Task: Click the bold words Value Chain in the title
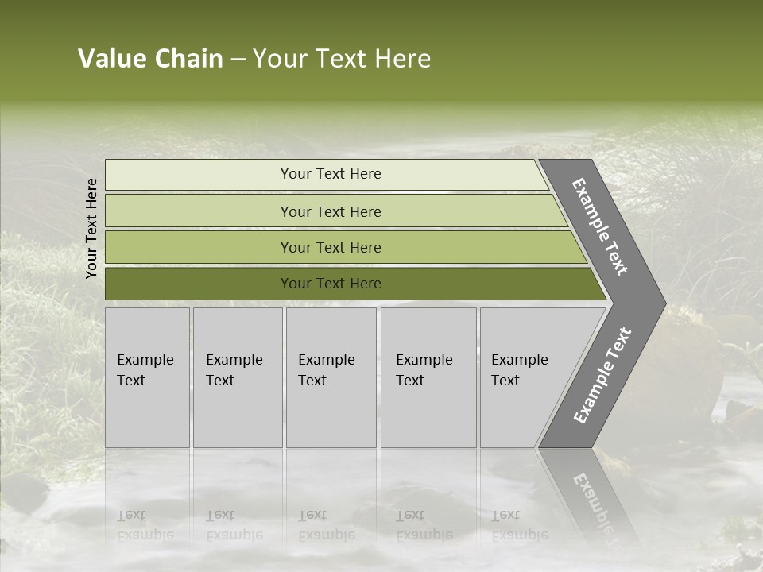(150, 59)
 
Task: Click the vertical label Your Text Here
(91, 228)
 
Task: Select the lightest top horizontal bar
(199, 175)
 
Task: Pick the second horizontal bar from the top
(199, 211)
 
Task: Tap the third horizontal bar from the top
(199, 247)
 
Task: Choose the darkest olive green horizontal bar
(199, 284)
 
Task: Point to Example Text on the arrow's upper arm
(600, 226)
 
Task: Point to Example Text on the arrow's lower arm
(602, 376)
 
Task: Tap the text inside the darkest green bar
(331, 284)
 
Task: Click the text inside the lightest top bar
(331, 174)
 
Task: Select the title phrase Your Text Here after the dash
(342, 59)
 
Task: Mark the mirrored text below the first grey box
(145, 525)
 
